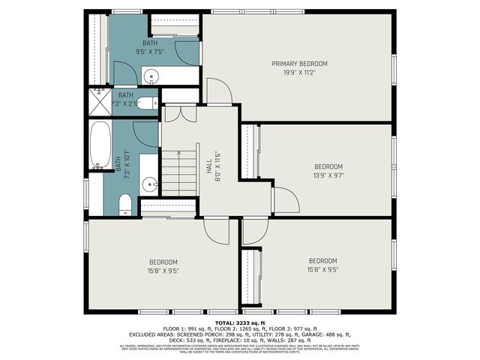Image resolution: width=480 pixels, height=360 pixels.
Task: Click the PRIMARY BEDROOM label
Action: pos(299,64)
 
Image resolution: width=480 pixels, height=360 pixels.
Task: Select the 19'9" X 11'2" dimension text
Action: pos(299,73)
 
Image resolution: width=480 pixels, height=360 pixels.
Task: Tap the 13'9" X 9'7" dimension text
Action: pos(328,175)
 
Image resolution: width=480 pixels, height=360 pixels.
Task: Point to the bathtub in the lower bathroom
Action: pos(100,145)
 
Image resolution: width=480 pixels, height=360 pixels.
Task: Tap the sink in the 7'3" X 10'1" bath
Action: pos(149,183)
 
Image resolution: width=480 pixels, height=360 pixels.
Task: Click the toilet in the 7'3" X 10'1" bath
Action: pos(125,203)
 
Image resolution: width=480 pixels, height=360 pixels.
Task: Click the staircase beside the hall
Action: pos(179,172)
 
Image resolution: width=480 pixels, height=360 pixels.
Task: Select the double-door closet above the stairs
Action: pos(179,113)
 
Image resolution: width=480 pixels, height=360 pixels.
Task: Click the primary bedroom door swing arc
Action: pos(218,91)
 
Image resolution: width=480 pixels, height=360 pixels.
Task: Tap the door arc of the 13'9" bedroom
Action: pos(286,199)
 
